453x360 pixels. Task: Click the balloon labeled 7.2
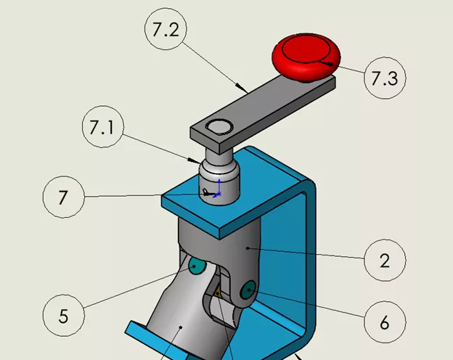[x=166, y=31]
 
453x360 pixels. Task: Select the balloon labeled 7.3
[x=384, y=79]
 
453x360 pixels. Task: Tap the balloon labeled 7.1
[x=102, y=128]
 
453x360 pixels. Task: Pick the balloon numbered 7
[x=63, y=197]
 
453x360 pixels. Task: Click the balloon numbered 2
[x=384, y=260]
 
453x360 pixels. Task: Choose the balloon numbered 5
[x=63, y=316]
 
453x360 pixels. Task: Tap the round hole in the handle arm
[x=216, y=128]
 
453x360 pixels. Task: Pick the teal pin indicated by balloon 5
[x=196, y=267]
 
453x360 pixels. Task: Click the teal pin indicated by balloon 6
[x=249, y=291]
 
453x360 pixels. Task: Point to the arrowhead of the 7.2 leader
[x=246, y=90]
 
